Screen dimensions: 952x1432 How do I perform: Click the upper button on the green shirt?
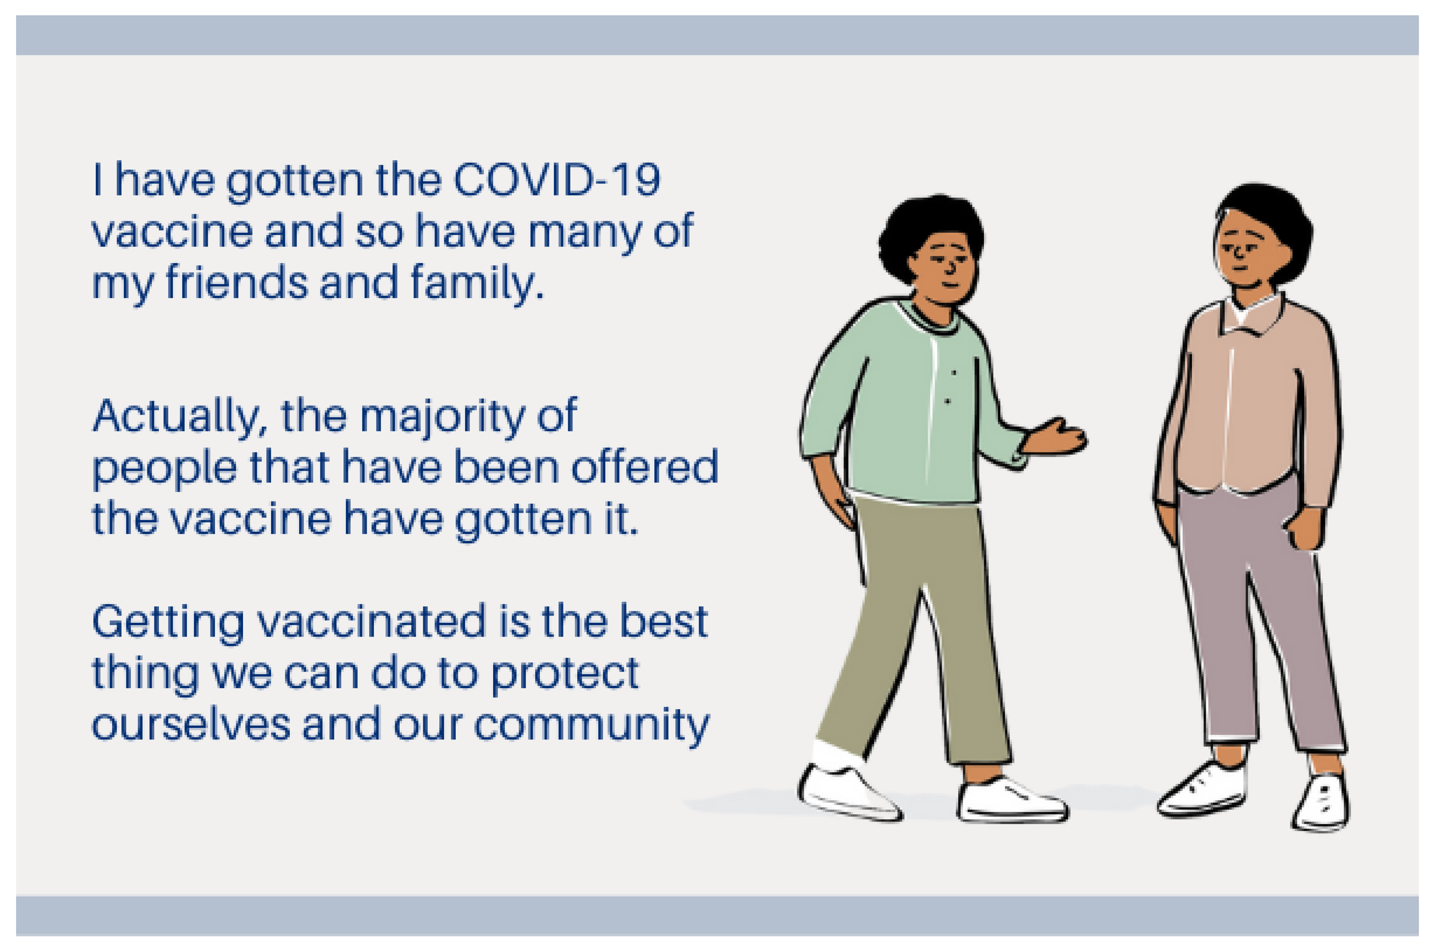point(954,372)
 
